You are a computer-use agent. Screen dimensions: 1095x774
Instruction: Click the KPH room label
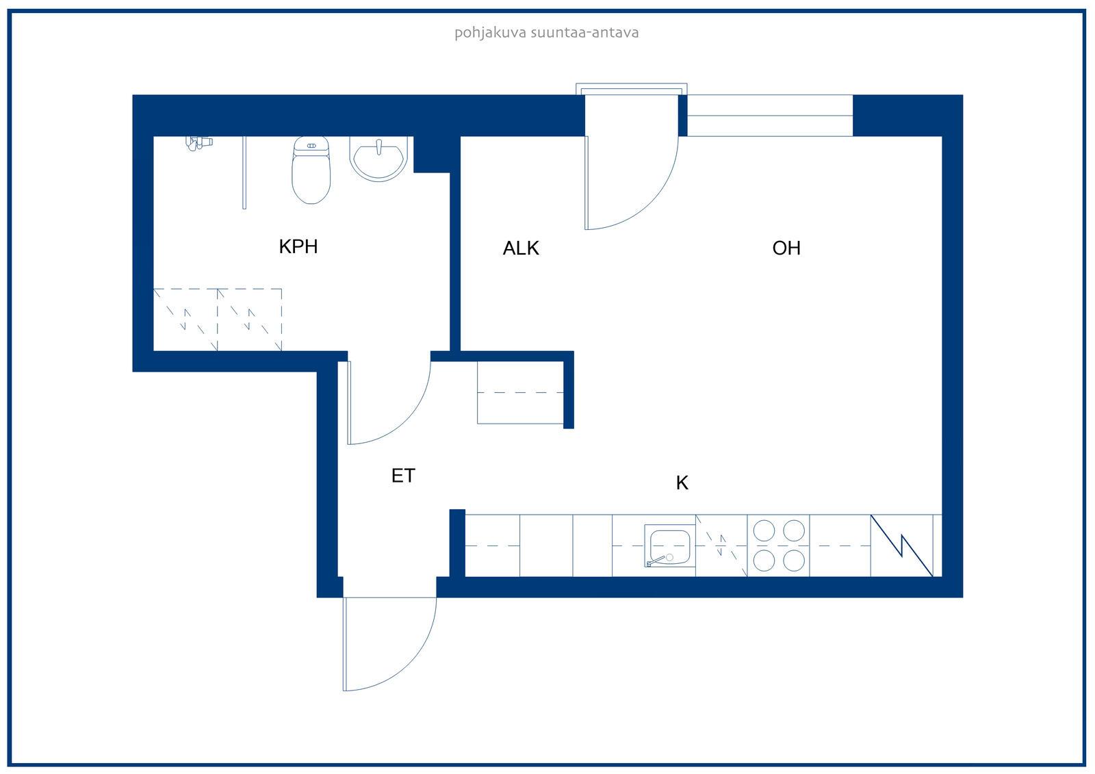298,246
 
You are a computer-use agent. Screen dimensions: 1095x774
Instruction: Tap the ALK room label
521,248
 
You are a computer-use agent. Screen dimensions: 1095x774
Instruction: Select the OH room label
786,248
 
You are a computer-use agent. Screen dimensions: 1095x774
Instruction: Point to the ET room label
403,476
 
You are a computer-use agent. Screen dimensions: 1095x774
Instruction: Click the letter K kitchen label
682,483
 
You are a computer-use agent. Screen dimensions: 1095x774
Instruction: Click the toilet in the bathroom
311,170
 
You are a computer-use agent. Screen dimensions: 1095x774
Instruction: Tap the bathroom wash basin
378,158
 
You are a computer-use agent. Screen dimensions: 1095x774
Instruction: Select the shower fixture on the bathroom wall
198,143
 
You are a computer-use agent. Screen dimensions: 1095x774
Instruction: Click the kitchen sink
670,546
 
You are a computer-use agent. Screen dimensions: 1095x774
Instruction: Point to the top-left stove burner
764,531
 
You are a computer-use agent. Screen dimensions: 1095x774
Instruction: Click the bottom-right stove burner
794,560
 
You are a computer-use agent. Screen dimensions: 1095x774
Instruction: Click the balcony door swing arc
651,201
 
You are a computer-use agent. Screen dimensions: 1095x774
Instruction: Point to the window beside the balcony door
770,116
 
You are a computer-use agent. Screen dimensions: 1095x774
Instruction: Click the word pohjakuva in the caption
490,34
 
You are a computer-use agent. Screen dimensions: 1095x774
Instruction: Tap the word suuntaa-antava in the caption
584,33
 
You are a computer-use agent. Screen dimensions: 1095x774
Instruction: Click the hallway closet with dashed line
521,392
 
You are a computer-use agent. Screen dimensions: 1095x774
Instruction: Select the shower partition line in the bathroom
244,172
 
